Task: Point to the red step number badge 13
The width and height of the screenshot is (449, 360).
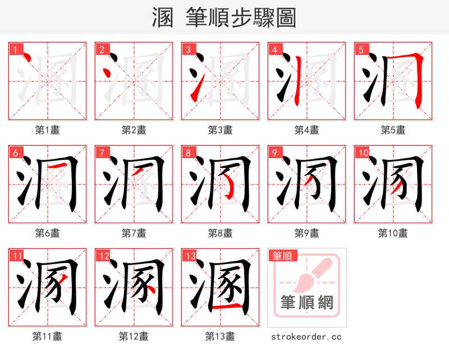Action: click(x=190, y=256)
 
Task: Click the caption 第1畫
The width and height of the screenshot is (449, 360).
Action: click(x=48, y=130)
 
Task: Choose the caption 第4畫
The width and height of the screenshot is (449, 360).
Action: click(x=307, y=130)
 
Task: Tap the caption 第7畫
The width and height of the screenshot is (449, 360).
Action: click(x=134, y=233)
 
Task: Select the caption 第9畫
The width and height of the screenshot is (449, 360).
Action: click(x=307, y=233)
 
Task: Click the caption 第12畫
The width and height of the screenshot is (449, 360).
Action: click(x=134, y=336)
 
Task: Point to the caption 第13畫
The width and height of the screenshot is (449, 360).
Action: click(x=221, y=336)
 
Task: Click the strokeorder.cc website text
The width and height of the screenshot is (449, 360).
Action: click(x=306, y=337)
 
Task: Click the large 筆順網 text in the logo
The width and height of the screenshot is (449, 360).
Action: click(x=307, y=303)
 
